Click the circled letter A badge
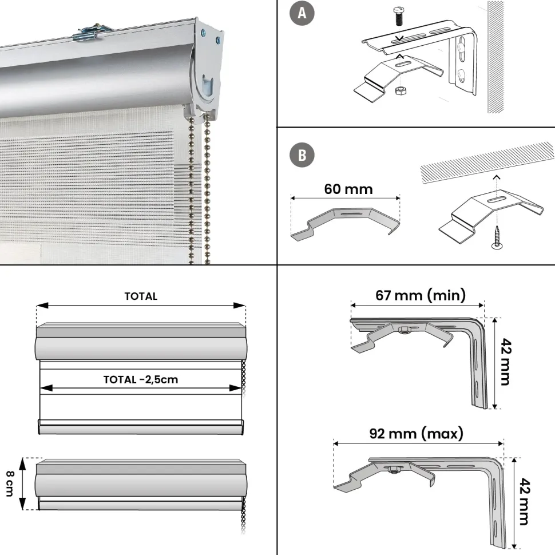pos(302,13)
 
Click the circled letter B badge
pos(302,155)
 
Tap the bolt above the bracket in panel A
pos(399,17)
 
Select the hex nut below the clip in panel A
pos(401,90)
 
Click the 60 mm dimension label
pos(348,189)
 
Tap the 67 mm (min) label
pos(421,295)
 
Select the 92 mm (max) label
pos(417,433)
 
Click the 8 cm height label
pos(10,483)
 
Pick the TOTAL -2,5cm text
pos(141,380)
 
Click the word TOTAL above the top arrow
pos(141,296)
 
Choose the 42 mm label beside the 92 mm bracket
pos(524,502)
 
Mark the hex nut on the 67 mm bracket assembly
pos(403,330)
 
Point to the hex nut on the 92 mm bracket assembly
pos(393,470)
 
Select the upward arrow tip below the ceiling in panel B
pos(497,176)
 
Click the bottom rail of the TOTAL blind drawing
pos(141,427)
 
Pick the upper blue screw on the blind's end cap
pos(204,34)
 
